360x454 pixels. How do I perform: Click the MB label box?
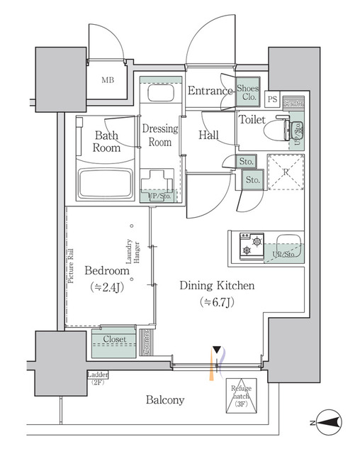[108, 79]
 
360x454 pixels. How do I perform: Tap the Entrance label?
[210, 91]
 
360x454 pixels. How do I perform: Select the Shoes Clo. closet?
[248, 91]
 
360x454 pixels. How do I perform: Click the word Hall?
[208, 135]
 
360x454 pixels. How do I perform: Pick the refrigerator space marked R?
[283, 172]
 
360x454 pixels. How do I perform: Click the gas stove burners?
[249, 244]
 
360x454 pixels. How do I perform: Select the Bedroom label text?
[107, 271]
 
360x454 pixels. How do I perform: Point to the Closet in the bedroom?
[113, 340]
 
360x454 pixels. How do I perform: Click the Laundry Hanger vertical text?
[132, 256]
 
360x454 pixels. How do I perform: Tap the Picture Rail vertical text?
[72, 265]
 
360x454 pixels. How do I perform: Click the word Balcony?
[165, 400]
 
